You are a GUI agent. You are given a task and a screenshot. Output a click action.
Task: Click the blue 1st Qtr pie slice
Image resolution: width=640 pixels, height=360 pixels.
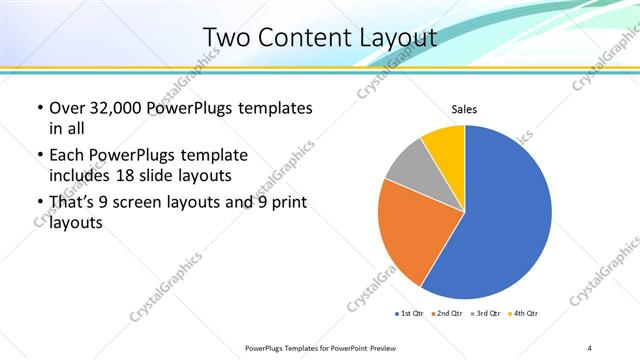(x=505, y=215)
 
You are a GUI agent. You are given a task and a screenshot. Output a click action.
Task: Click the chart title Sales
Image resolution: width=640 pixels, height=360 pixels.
(x=464, y=108)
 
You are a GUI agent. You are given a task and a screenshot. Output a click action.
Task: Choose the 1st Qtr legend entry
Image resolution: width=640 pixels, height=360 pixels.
(x=410, y=314)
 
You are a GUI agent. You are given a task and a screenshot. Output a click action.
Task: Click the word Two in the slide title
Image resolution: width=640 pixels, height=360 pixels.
(x=225, y=37)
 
